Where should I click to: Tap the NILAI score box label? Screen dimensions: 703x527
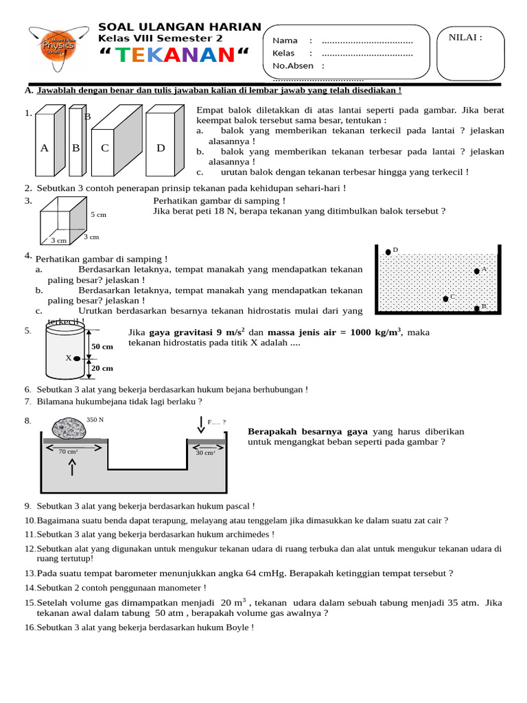pos(465,37)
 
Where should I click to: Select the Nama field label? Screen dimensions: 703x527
pos(285,41)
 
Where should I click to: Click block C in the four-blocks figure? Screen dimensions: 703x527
pos(105,148)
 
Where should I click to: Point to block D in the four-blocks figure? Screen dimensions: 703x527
pos(161,148)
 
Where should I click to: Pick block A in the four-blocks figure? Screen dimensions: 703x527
pos(45,148)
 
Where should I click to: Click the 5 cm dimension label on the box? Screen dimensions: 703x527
pos(99,215)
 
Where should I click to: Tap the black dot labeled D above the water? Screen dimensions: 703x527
pos(388,252)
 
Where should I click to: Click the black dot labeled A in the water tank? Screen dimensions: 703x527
pos(476,271)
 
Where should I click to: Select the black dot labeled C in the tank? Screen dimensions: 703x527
pos(445,298)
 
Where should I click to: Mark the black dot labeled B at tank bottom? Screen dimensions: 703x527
pos(476,308)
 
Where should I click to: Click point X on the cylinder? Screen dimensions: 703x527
pos(77,358)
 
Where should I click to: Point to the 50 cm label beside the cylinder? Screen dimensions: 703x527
pos(102,347)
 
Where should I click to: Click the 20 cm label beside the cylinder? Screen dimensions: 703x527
pos(102,368)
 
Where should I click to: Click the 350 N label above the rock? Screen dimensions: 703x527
pos(95,419)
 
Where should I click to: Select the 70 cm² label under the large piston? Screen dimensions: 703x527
pos(68,452)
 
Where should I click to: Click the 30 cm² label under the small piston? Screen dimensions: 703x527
pos(205,452)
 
